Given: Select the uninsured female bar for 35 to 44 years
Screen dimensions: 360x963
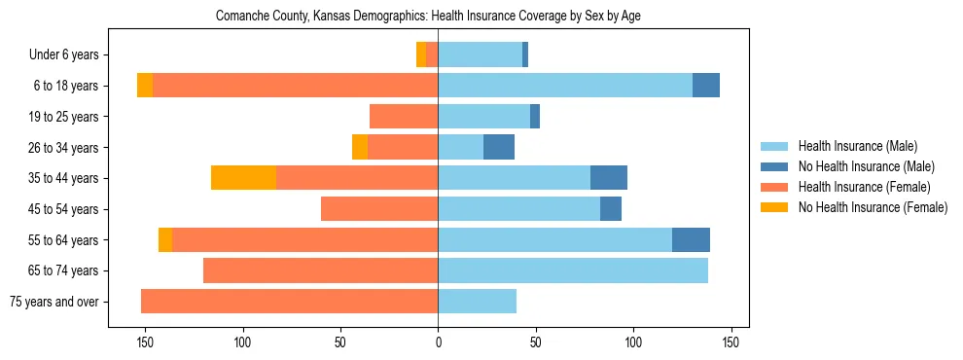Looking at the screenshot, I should (243, 178).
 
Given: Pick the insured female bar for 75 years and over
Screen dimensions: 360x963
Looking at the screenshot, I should (290, 302).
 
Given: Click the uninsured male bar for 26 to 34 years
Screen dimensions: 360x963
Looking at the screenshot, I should (499, 147).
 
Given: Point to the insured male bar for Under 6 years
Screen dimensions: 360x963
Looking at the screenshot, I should (480, 54).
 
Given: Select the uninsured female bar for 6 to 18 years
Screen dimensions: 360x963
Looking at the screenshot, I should (145, 86).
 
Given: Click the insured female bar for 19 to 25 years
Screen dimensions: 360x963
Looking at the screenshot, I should (404, 117).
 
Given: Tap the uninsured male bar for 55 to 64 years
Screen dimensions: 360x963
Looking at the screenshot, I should (691, 239).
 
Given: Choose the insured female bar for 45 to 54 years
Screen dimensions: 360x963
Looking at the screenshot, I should (379, 209).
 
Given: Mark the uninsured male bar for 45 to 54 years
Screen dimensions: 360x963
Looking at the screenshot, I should (611, 209).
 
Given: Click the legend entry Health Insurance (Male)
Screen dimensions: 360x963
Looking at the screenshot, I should (857, 146).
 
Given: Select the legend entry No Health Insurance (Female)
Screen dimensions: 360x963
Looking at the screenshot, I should (872, 207).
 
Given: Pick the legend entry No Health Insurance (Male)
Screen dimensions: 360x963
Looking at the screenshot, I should (865, 166).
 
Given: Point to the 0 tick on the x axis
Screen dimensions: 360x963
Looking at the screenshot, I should (438, 342).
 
